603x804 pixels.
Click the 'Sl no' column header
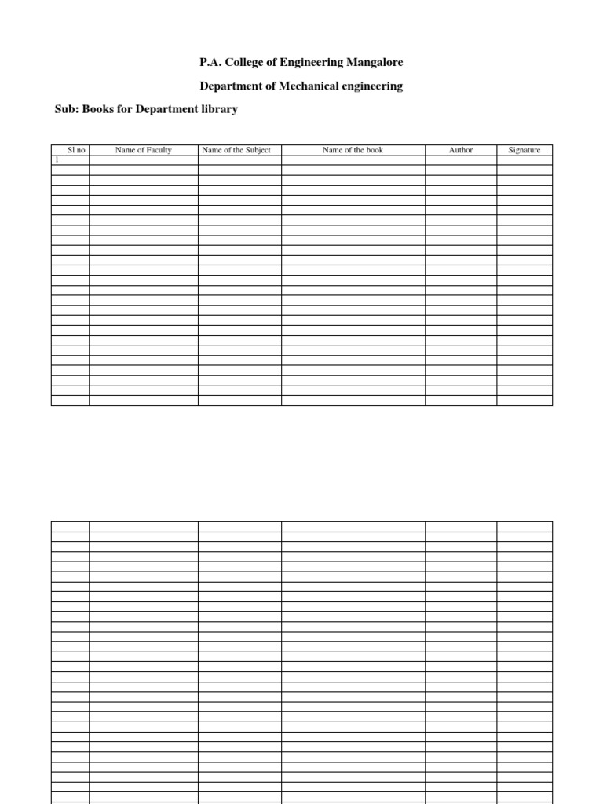pyautogui.click(x=70, y=150)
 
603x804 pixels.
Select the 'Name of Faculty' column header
pyautogui.click(x=143, y=150)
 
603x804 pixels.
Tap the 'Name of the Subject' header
pyautogui.click(x=239, y=150)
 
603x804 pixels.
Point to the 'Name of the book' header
pyautogui.click(x=353, y=150)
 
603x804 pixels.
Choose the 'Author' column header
pyautogui.click(x=461, y=150)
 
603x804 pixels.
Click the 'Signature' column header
pyautogui.click(x=524, y=150)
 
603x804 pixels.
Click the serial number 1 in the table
pyautogui.click(x=56, y=159)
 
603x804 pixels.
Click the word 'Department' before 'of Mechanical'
pyautogui.click(x=228, y=86)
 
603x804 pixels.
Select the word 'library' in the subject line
pyautogui.click(x=219, y=109)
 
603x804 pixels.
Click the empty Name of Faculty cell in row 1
pyautogui.click(x=143, y=160)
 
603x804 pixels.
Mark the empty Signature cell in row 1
pyautogui.click(x=524, y=160)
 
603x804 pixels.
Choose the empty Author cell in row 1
pyautogui.click(x=461, y=160)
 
